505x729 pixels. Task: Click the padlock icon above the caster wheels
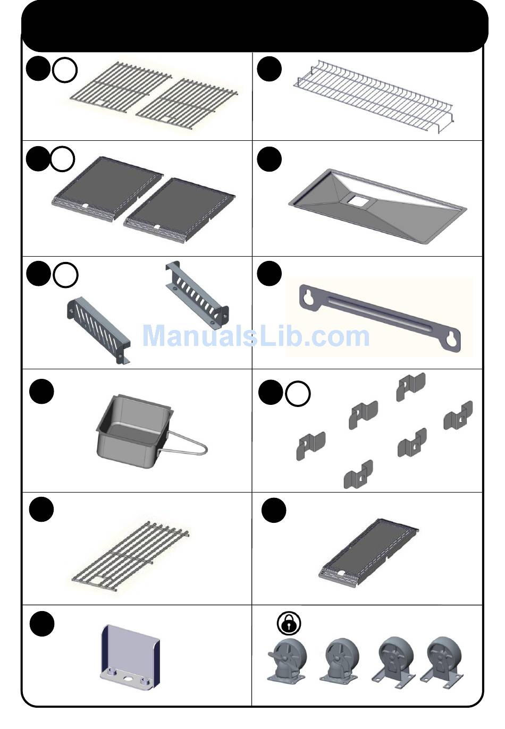tap(289, 623)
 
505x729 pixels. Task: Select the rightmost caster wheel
tap(442, 663)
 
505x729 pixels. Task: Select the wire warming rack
tap(373, 96)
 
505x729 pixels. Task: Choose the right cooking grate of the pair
tap(187, 104)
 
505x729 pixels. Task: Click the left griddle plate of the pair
tap(107, 188)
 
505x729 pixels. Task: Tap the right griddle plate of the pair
tap(180, 209)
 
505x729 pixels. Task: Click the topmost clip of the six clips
tap(410, 387)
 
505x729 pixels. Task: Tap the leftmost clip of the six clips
tap(310, 446)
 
